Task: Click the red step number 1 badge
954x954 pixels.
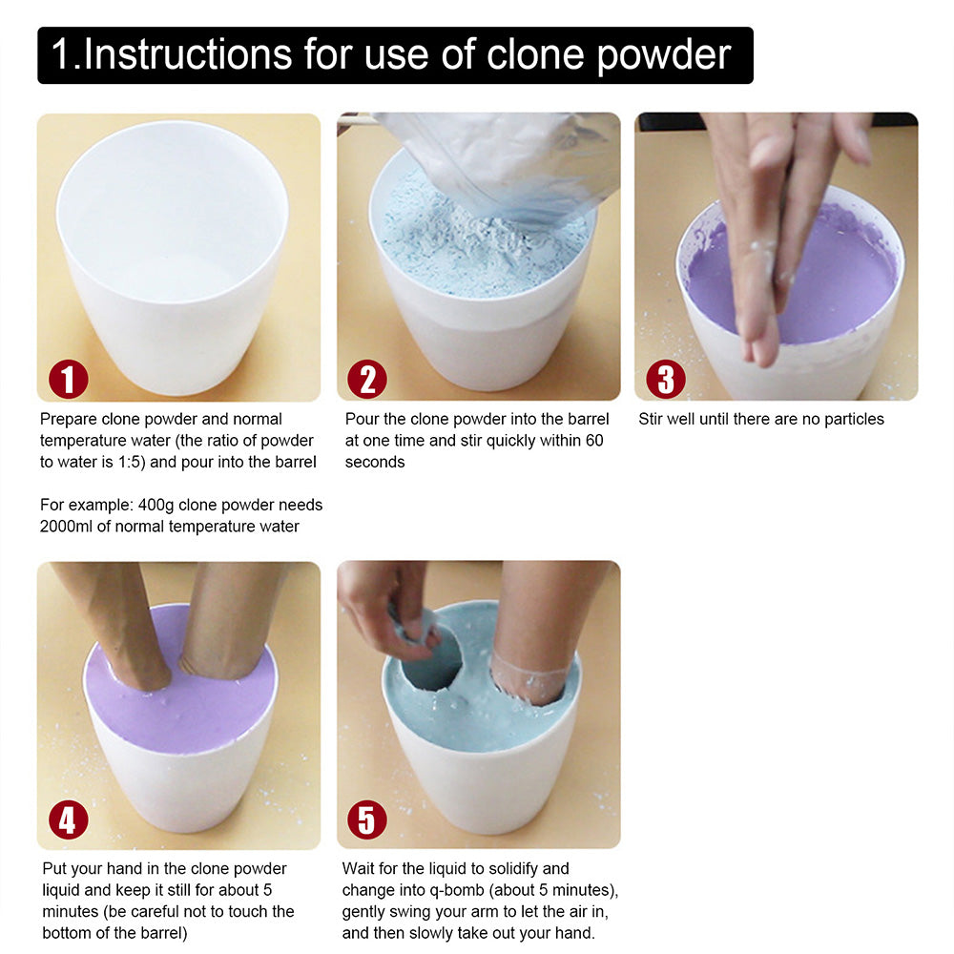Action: (68, 380)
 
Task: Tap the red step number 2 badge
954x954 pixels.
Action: (367, 380)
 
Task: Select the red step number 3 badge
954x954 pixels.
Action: (665, 380)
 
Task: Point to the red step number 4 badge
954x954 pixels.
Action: (68, 819)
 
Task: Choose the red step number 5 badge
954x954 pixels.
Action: (367, 819)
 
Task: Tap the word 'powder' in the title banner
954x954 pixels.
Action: (663, 55)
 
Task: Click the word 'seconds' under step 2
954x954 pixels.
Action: (375, 462)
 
